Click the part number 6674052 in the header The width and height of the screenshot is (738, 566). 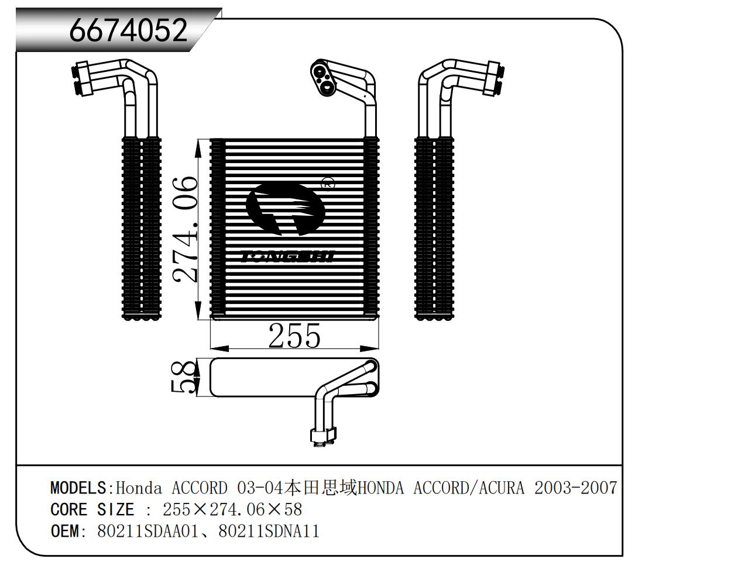[x=128, y=30]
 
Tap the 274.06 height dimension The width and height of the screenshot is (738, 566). [x=185, y=229]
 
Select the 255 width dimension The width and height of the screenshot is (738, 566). [x=294, y=336]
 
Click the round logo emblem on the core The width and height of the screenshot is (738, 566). [x=285, y=209]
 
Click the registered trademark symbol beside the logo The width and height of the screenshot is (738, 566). [x=328, y=184]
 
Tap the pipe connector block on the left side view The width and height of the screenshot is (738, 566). [x=83, y=79]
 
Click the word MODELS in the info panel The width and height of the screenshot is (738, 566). [x=78, y=488]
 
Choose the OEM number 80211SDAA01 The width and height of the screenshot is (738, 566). [x=147, y=532]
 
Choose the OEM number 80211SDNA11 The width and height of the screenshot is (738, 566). [x=269, y=532]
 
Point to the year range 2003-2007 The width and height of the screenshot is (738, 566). [x=576, y=488]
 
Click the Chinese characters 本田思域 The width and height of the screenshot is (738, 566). [x=321, y=488]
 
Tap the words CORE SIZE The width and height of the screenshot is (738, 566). [x=92, y=510]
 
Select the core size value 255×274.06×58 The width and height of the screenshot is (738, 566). [x=232, y=510]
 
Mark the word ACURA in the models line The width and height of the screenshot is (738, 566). [x=502, y=488]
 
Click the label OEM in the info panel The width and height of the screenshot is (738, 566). [x=64, y=532]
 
